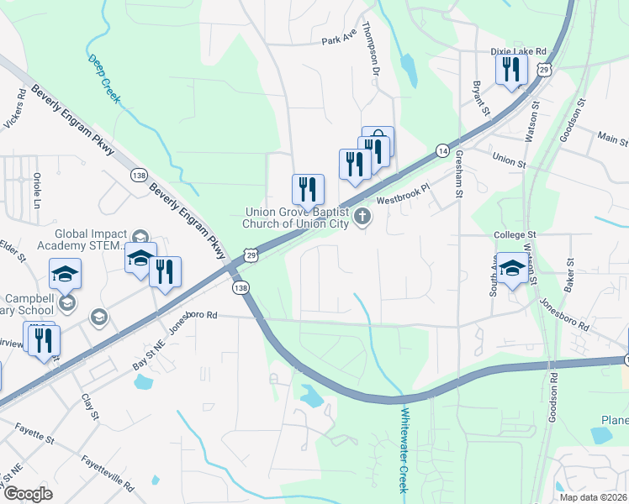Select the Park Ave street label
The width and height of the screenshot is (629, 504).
pos(340,41)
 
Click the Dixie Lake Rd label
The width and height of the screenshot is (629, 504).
pos(519,51)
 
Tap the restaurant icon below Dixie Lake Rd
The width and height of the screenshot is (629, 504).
pos(511,69)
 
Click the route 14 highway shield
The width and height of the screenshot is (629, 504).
pos(441,150)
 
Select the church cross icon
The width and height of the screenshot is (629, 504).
pos(362,218)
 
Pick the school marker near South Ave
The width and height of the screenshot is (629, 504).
pos(512,269)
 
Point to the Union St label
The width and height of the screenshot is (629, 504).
pos(508,158)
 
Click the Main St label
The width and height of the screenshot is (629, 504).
pos(612,136)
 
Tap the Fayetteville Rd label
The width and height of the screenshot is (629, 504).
pos(108,474)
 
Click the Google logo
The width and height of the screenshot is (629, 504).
pos(28,494)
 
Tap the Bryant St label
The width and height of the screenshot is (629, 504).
pos(479,97)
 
